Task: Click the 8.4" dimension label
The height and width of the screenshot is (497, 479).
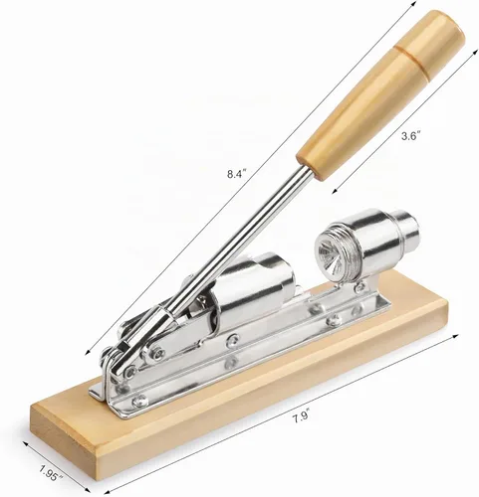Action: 237,174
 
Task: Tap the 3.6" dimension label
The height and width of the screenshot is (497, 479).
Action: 411,135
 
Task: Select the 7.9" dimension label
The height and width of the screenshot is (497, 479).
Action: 301,416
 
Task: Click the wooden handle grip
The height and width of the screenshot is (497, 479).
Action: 381,95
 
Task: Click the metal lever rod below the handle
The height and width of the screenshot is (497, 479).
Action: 232,251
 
